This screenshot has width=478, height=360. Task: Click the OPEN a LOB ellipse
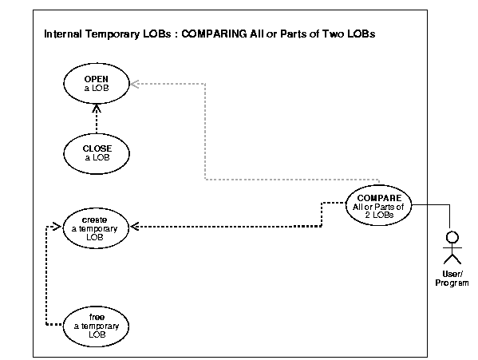(x=97, y=85)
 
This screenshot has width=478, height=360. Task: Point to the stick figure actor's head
(x=452, y=237)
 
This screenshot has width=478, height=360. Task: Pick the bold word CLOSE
(x=97, y=148)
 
